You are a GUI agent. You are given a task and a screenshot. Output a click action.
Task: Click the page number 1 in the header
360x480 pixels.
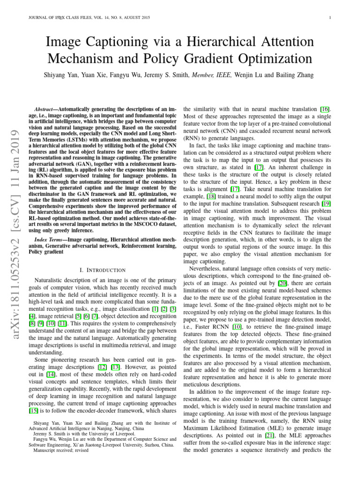coord(331,18)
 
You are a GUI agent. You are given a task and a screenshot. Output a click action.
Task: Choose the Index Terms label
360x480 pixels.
coord(52,240)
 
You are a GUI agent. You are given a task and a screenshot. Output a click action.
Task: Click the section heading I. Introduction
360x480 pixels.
coord(103,270)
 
